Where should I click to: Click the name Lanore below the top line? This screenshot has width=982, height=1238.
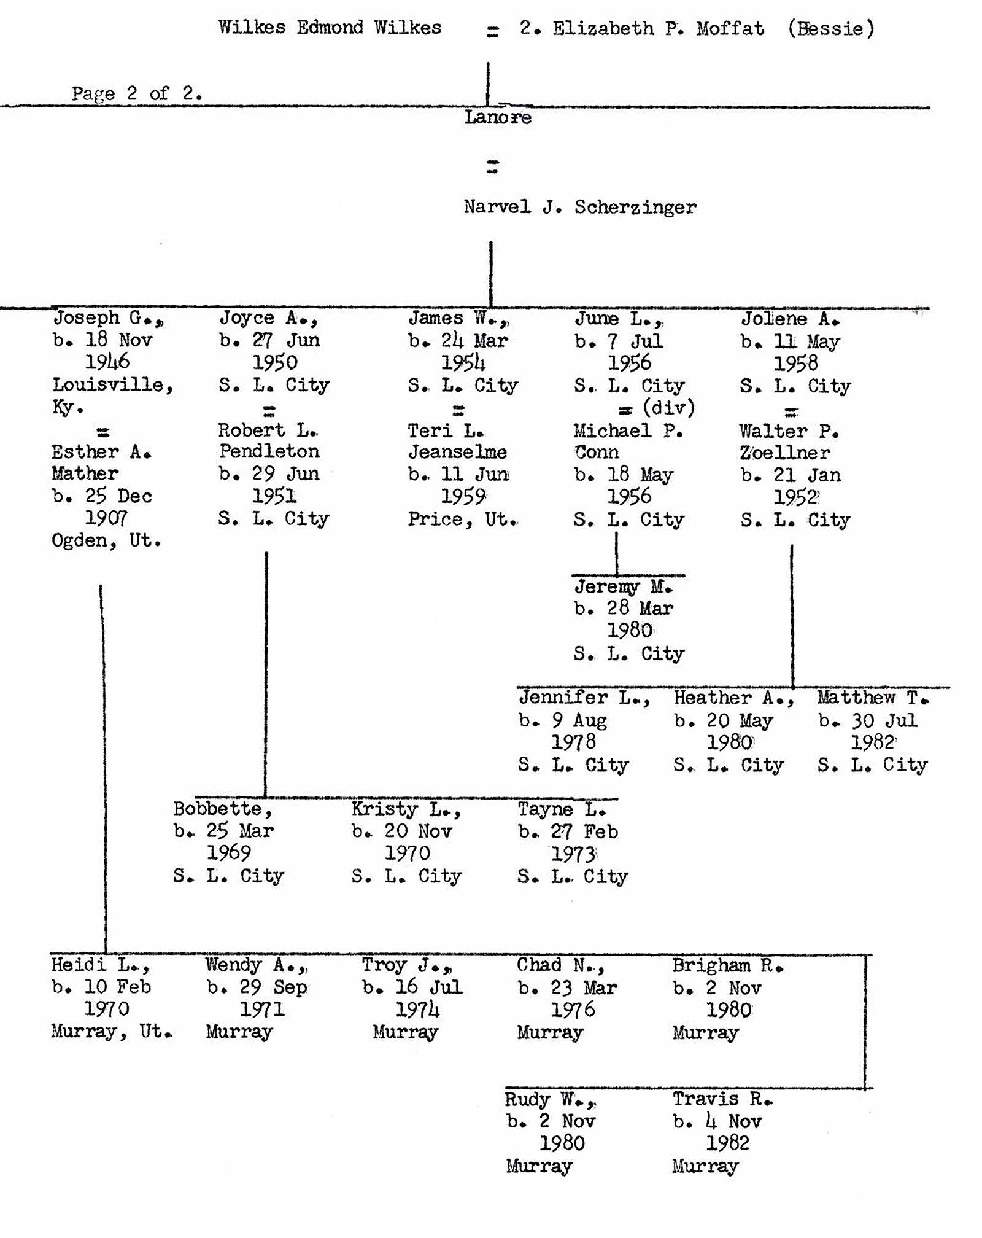point(498,117)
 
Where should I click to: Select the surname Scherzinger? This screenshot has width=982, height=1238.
point(635,208)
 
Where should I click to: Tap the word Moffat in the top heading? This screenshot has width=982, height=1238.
point(730,28)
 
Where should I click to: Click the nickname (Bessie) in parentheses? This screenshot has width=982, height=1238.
point(831,28)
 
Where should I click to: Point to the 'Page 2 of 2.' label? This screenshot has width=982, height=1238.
point(137,93)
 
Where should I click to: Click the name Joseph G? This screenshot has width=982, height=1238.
point(108,318)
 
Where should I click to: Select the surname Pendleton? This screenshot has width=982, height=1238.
point(269,452)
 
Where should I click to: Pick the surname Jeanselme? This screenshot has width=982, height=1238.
point(458,453)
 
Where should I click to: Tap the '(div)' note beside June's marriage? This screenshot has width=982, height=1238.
point(668,408)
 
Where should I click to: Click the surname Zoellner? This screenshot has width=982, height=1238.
point(785,453)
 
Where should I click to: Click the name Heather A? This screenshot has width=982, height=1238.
point(733,698)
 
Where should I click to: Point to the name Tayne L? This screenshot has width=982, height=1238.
point(562,809)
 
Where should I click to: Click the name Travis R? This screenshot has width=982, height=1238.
point(722,1099)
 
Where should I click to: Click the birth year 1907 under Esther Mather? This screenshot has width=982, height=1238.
point(106,519)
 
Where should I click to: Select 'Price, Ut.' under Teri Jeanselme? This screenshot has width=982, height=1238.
point(463,520)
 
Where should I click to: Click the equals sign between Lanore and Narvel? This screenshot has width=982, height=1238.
point(492,166)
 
